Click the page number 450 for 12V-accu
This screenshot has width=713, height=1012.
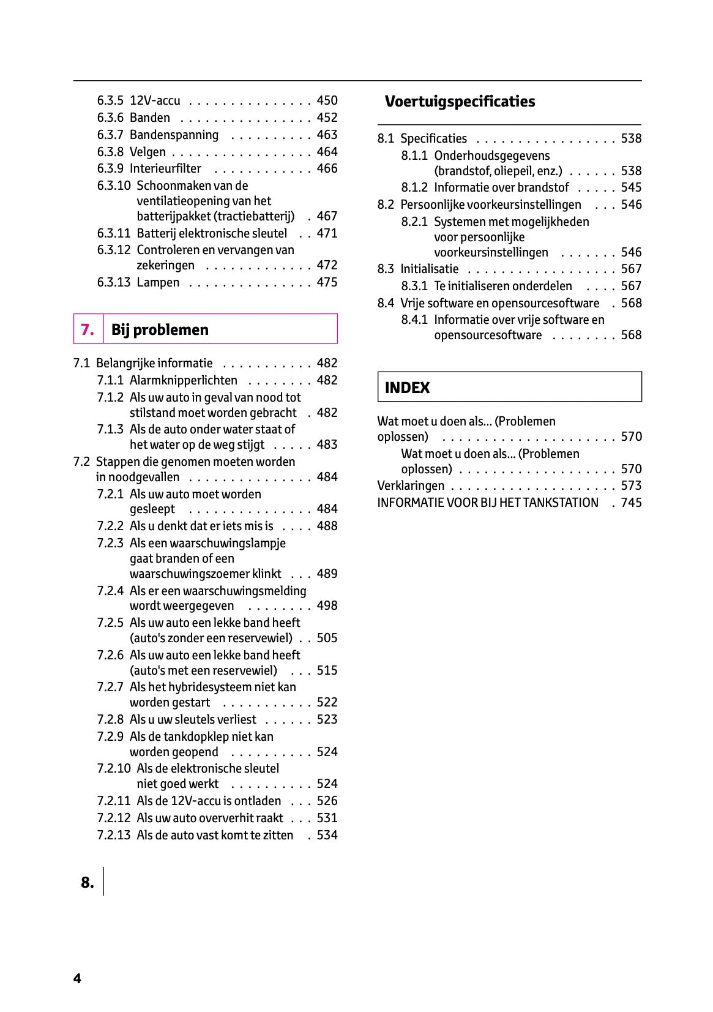(327, 100)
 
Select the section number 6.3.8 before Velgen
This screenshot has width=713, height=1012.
(110, 152)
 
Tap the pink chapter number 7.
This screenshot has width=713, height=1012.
(88, 330)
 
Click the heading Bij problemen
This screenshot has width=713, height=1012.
(160, 330)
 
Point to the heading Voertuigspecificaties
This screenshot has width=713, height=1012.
(460, 102)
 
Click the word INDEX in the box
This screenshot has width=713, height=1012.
(407, 388)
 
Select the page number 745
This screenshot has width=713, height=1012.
(631, 503)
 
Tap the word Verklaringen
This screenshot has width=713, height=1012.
(411, 486)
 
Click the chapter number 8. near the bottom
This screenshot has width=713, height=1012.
(88, 882)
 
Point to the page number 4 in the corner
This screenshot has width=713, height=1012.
(77, 978)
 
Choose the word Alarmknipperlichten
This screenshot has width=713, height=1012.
(183, 380)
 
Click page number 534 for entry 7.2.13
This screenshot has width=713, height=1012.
(327, 835)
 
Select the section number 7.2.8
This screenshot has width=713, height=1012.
(110, 719)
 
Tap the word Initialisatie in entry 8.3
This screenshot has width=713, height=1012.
(429, 269)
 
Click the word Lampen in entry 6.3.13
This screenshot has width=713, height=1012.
(158, 282)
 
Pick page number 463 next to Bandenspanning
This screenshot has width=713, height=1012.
(327, 135)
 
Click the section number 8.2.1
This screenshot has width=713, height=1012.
(414, 222)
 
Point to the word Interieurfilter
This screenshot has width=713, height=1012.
(165, 168)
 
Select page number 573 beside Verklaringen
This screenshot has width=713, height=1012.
(631, 486)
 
